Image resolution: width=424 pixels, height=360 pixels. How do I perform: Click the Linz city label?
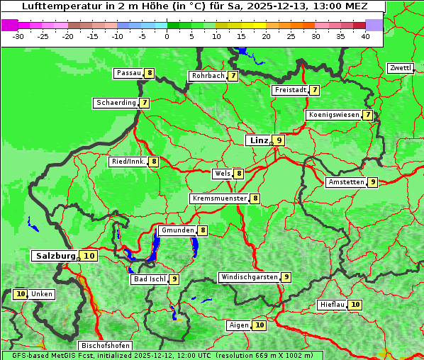(258, 140)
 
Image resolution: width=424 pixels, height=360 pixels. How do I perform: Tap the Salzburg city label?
(55, 256)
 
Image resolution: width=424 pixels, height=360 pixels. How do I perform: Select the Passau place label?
(128, 73)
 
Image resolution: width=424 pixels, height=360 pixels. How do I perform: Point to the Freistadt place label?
(290, 90)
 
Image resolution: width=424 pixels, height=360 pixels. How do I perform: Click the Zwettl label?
(400, 68)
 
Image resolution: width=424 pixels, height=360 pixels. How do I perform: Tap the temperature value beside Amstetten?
(373, 182)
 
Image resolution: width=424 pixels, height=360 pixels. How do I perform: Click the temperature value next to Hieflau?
(355, 305)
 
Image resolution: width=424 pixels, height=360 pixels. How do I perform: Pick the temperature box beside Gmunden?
(203, 230)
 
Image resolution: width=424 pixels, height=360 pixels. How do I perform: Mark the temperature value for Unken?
(20, 294)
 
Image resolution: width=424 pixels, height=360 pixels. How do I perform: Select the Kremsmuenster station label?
(219, 198)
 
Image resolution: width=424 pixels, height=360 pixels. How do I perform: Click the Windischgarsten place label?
(249, 277)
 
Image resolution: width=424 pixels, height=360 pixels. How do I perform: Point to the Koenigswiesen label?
(333, 115)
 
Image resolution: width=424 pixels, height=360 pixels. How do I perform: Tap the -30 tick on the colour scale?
(18, 36)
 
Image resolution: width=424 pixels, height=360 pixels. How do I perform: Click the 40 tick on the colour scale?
(365, 36)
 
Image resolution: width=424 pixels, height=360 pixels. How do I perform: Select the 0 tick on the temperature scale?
(167, 36)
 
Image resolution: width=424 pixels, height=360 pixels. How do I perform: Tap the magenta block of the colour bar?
(9, 25)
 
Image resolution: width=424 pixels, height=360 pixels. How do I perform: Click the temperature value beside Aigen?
(260, 325)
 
